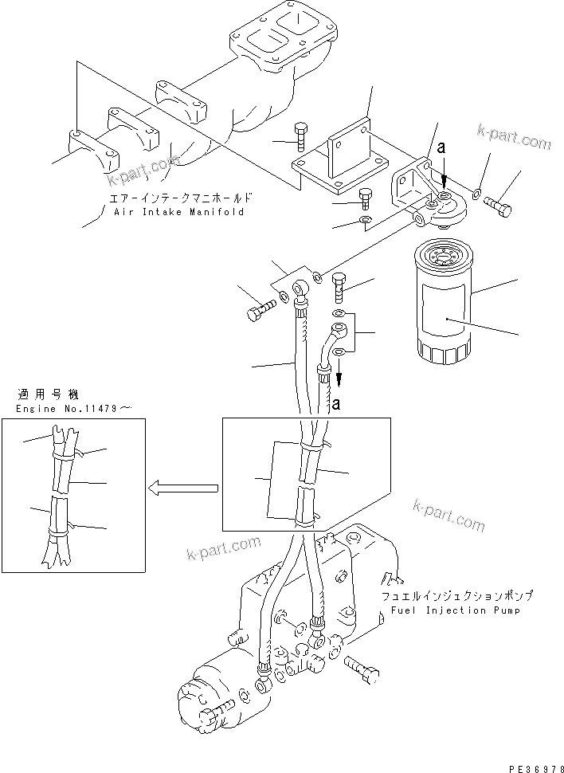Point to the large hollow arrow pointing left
click(x=184, y=486)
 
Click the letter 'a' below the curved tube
click(x=336, y=404)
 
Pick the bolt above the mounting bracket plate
click(x=302, y=137)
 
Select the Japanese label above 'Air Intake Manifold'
click(x=182, y=198)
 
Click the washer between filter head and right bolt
click(x=476, y=192)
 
